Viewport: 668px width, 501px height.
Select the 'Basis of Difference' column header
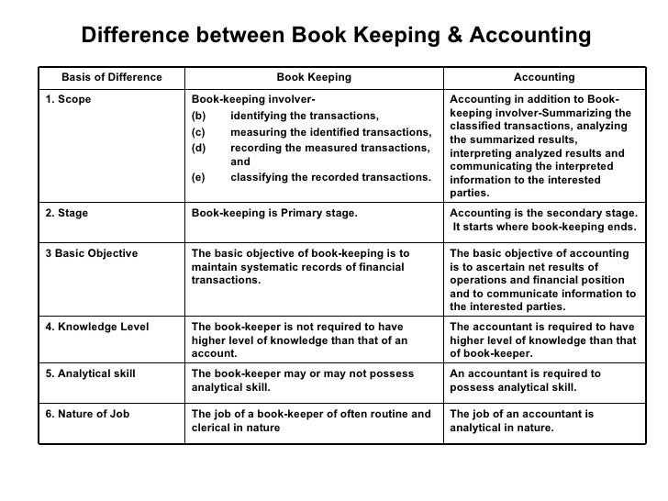[x=111, y=77]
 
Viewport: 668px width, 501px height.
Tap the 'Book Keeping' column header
[x=314, y=77]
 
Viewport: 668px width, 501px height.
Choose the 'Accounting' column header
[x=544, y=77]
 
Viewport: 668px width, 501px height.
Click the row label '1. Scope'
[x=69, y=100]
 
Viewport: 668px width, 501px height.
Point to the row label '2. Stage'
[x=67, y=214]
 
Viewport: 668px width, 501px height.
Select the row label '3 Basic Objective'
[x=92, y=253]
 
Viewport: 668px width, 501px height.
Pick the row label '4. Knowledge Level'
[x=97, y=326]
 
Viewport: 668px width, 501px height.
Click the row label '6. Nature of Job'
[x=88, y=414]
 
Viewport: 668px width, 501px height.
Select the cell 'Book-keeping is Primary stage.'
[x=274, y=214]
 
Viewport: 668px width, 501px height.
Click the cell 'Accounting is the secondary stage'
[x=543, y=220]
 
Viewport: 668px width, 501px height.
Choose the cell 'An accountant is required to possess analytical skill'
[x=526, y=380]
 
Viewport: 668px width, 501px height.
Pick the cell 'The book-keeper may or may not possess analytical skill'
[x=302, y=380]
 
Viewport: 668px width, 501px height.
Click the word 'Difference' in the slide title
[x=135, y=35]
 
